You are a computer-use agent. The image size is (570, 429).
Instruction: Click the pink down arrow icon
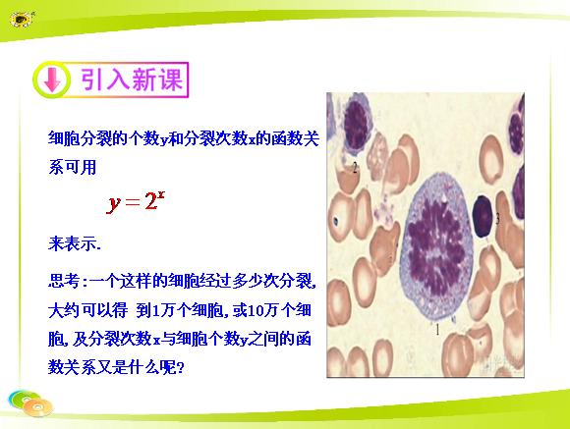click(x=52, y=80)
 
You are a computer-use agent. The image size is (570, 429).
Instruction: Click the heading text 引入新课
click(x=132, y=80)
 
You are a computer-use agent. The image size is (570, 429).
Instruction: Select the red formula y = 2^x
click(x=136, y=201)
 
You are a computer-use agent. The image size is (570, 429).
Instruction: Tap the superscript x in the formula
click(x=161, y=195)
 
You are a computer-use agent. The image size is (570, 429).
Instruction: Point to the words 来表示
click(x=74, y=243)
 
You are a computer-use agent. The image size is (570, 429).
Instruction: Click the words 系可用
click(x=73, y=167)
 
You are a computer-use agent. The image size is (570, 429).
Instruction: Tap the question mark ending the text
click(x=181, y=367)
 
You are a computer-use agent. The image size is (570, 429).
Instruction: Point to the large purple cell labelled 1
click(x=437, y=246)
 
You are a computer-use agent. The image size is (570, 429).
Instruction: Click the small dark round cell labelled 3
click(x=483, y=217)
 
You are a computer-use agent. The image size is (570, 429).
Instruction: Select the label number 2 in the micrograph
click(x=355, y=168)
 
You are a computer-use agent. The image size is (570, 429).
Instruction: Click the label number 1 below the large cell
click(x=437, y=330)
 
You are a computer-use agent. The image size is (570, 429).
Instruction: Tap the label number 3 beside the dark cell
click(x=497, y=218)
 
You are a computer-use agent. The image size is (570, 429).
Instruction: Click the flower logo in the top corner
click(x=22, y=19)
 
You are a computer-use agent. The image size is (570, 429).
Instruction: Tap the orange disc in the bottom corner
click(x=38, y=407)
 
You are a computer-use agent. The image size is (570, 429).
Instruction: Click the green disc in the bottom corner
click(x=23, y=399)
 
